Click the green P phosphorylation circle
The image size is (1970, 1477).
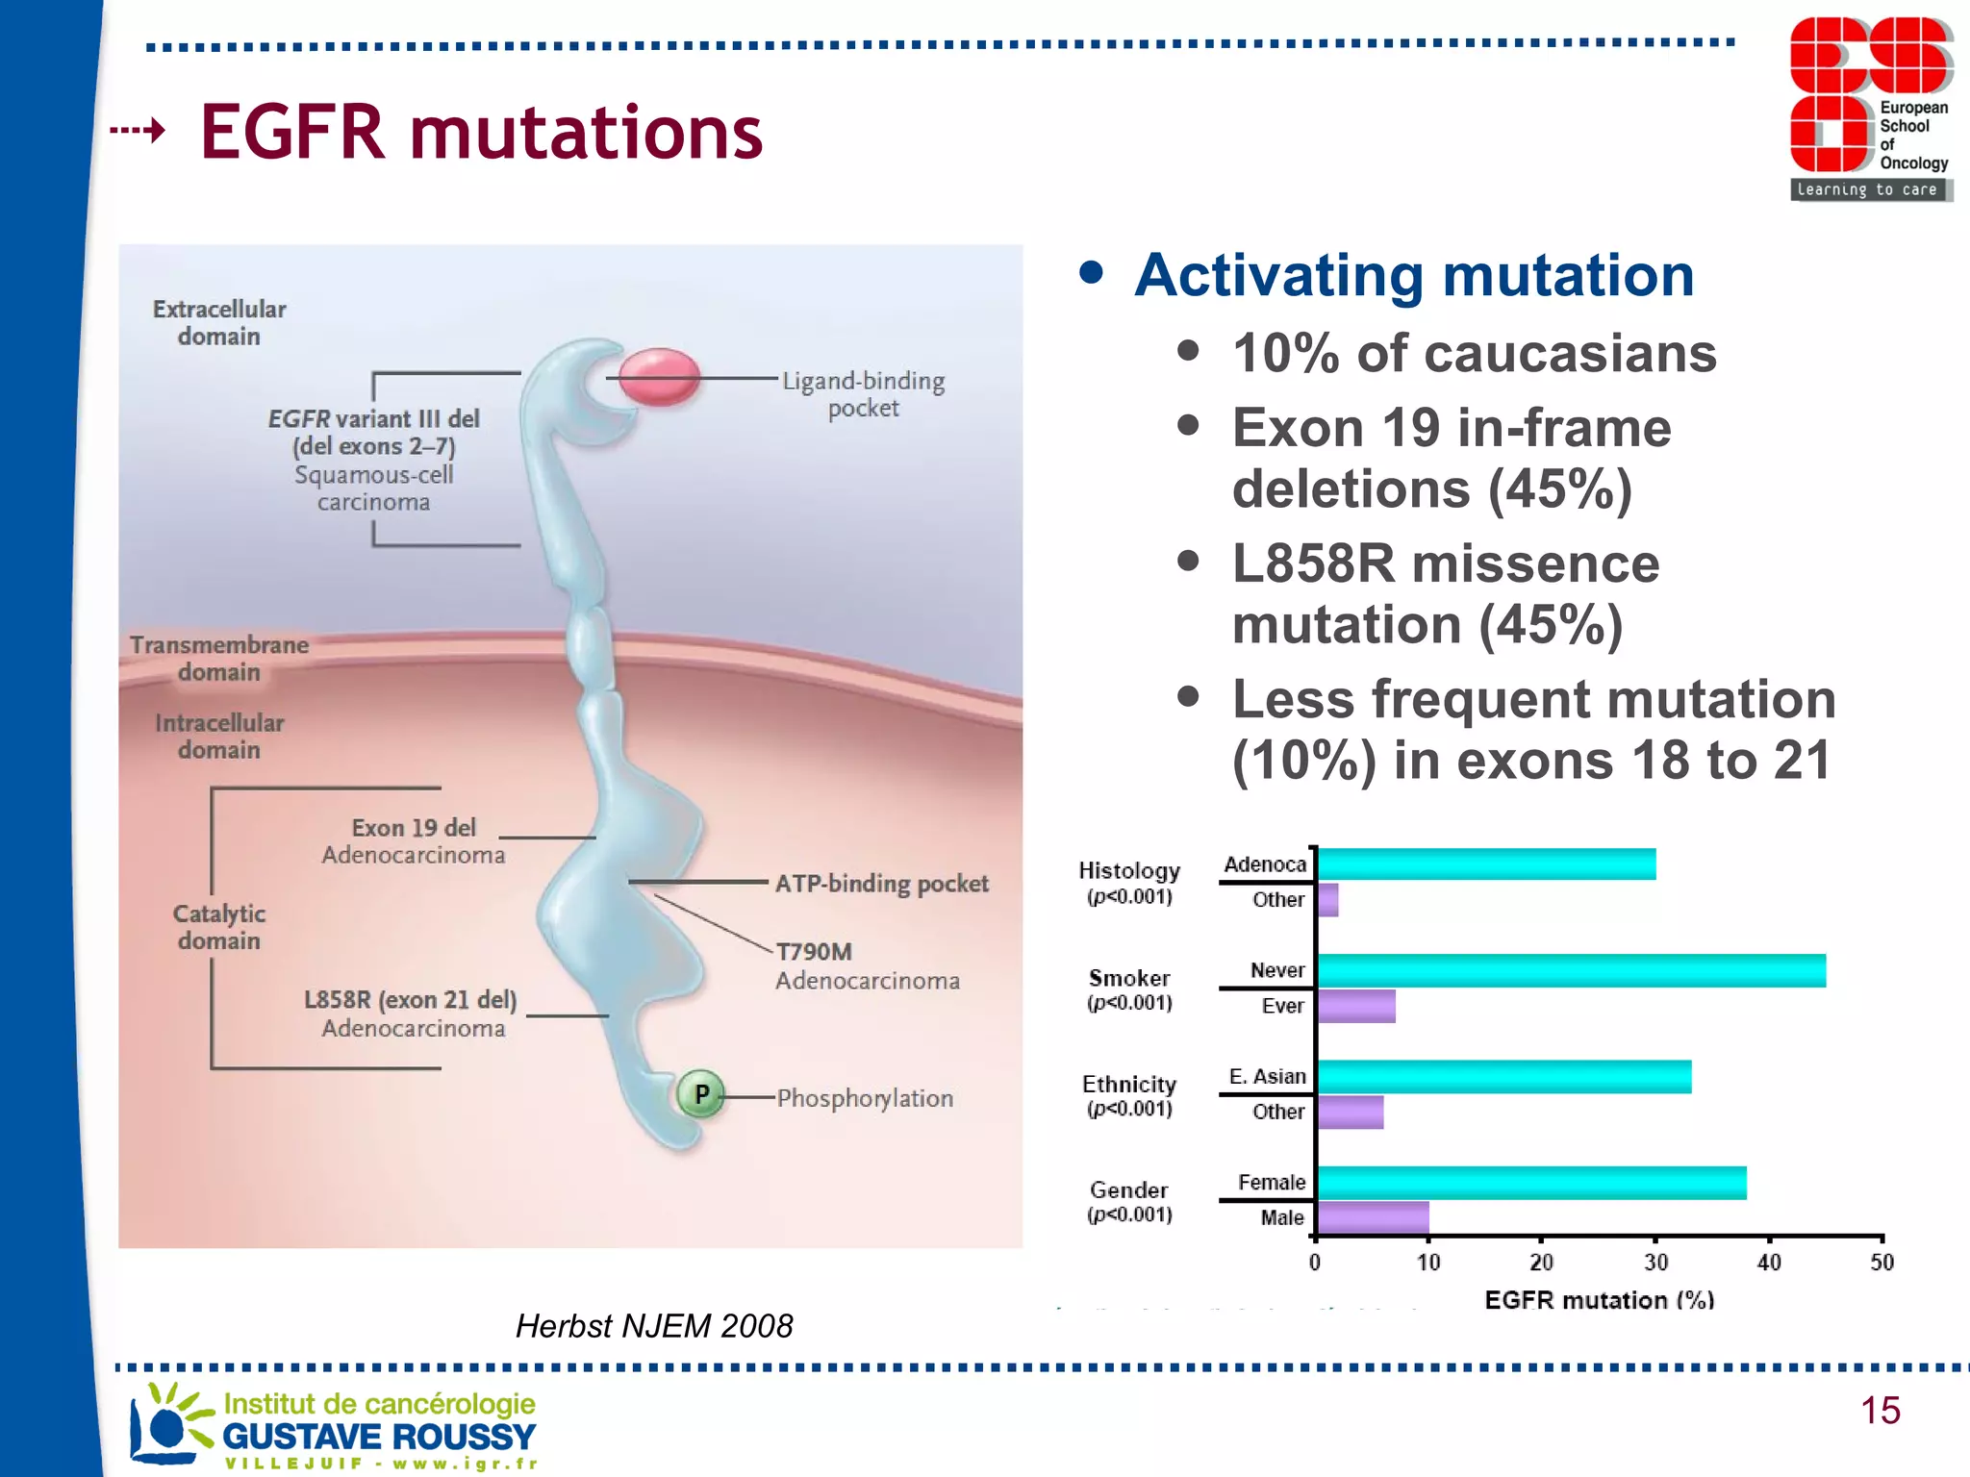(x=700, y=1094)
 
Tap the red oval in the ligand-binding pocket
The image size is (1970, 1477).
(x=659, y=377)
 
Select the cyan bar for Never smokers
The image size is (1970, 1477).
(x=1570, y=970)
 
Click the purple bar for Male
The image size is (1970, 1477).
(x=1373, y=1217)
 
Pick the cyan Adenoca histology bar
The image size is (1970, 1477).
(x=1486, y=864)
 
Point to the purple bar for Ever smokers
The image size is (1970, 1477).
(x=1356, y=1006)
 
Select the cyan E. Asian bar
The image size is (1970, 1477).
(x=1503, y=1076)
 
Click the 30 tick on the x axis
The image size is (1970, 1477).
(x=1655, y=1263)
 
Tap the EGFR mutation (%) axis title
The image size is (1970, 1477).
(x=1599, y=1300)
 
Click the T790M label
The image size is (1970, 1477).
(x=814, y=952)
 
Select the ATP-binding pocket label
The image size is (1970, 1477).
(x=881, y=884)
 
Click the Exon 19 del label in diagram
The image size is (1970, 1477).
(x=414, y=828)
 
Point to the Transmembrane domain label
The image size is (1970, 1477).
(x=219, y=659)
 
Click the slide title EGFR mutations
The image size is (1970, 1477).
(x=481, y=132)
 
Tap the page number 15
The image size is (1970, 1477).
(x=1880, y=1411)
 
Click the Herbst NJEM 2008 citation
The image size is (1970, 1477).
(x=654, y=1326)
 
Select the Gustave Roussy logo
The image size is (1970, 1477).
(x=333, y=1426)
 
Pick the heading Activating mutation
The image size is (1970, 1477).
(x=1414, y=275)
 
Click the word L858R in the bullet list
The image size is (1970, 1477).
(x=1313, y=563)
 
